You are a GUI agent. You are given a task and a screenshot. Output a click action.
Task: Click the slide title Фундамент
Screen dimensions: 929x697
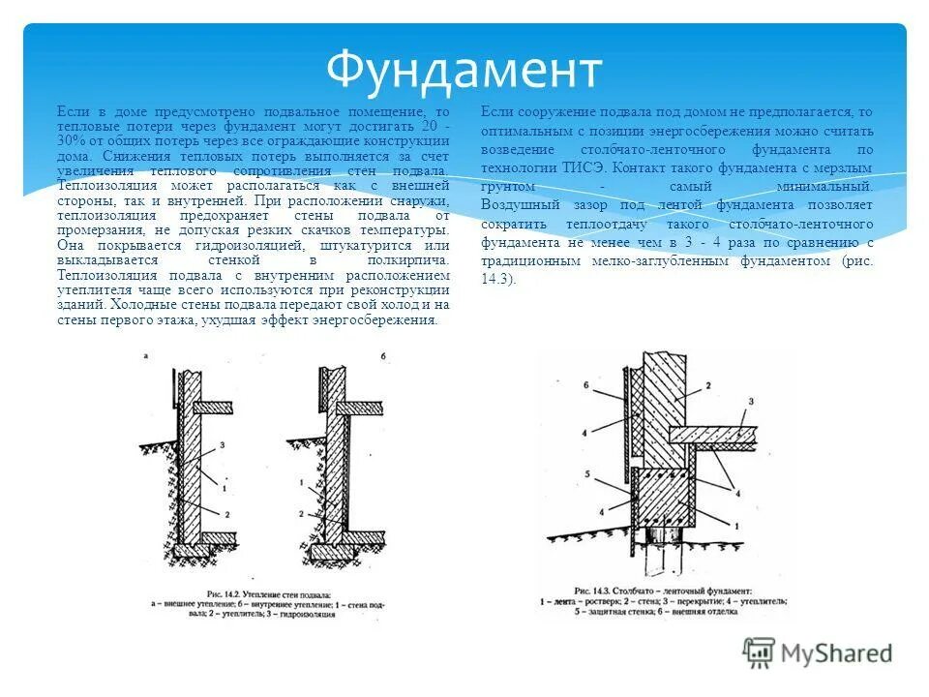point(464,70)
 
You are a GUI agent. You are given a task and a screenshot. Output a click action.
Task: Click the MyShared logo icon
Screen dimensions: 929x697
point(759,652)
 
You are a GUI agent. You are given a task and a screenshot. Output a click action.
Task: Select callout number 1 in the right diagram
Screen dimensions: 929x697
point(737,525)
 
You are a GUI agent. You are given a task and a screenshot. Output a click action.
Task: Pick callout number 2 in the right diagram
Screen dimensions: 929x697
point(707,385)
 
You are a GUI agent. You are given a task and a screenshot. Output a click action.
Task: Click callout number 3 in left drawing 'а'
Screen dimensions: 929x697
point(223,444)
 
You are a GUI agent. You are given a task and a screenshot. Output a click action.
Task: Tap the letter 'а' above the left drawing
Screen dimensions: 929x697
point(144,357)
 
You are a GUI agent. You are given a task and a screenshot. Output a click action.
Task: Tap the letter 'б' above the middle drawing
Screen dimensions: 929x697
point(383,357)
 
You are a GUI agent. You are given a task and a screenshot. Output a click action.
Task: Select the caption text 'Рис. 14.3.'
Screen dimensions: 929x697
point(594,590)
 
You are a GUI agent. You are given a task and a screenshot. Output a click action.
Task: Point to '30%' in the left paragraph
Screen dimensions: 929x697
point(72,140)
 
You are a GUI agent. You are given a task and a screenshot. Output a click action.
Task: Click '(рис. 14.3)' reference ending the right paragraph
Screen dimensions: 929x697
point(857,261)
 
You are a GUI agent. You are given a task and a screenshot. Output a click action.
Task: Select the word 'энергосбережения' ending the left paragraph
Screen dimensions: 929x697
point(382,319)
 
